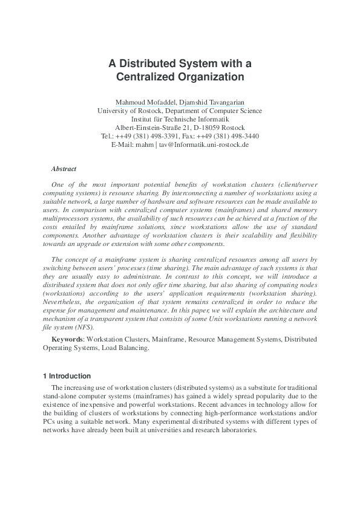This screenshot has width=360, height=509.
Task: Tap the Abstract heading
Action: coord(64,169)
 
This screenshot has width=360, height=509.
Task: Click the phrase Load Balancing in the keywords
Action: coord(126,348)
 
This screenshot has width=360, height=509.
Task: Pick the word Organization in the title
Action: coord(208,77)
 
